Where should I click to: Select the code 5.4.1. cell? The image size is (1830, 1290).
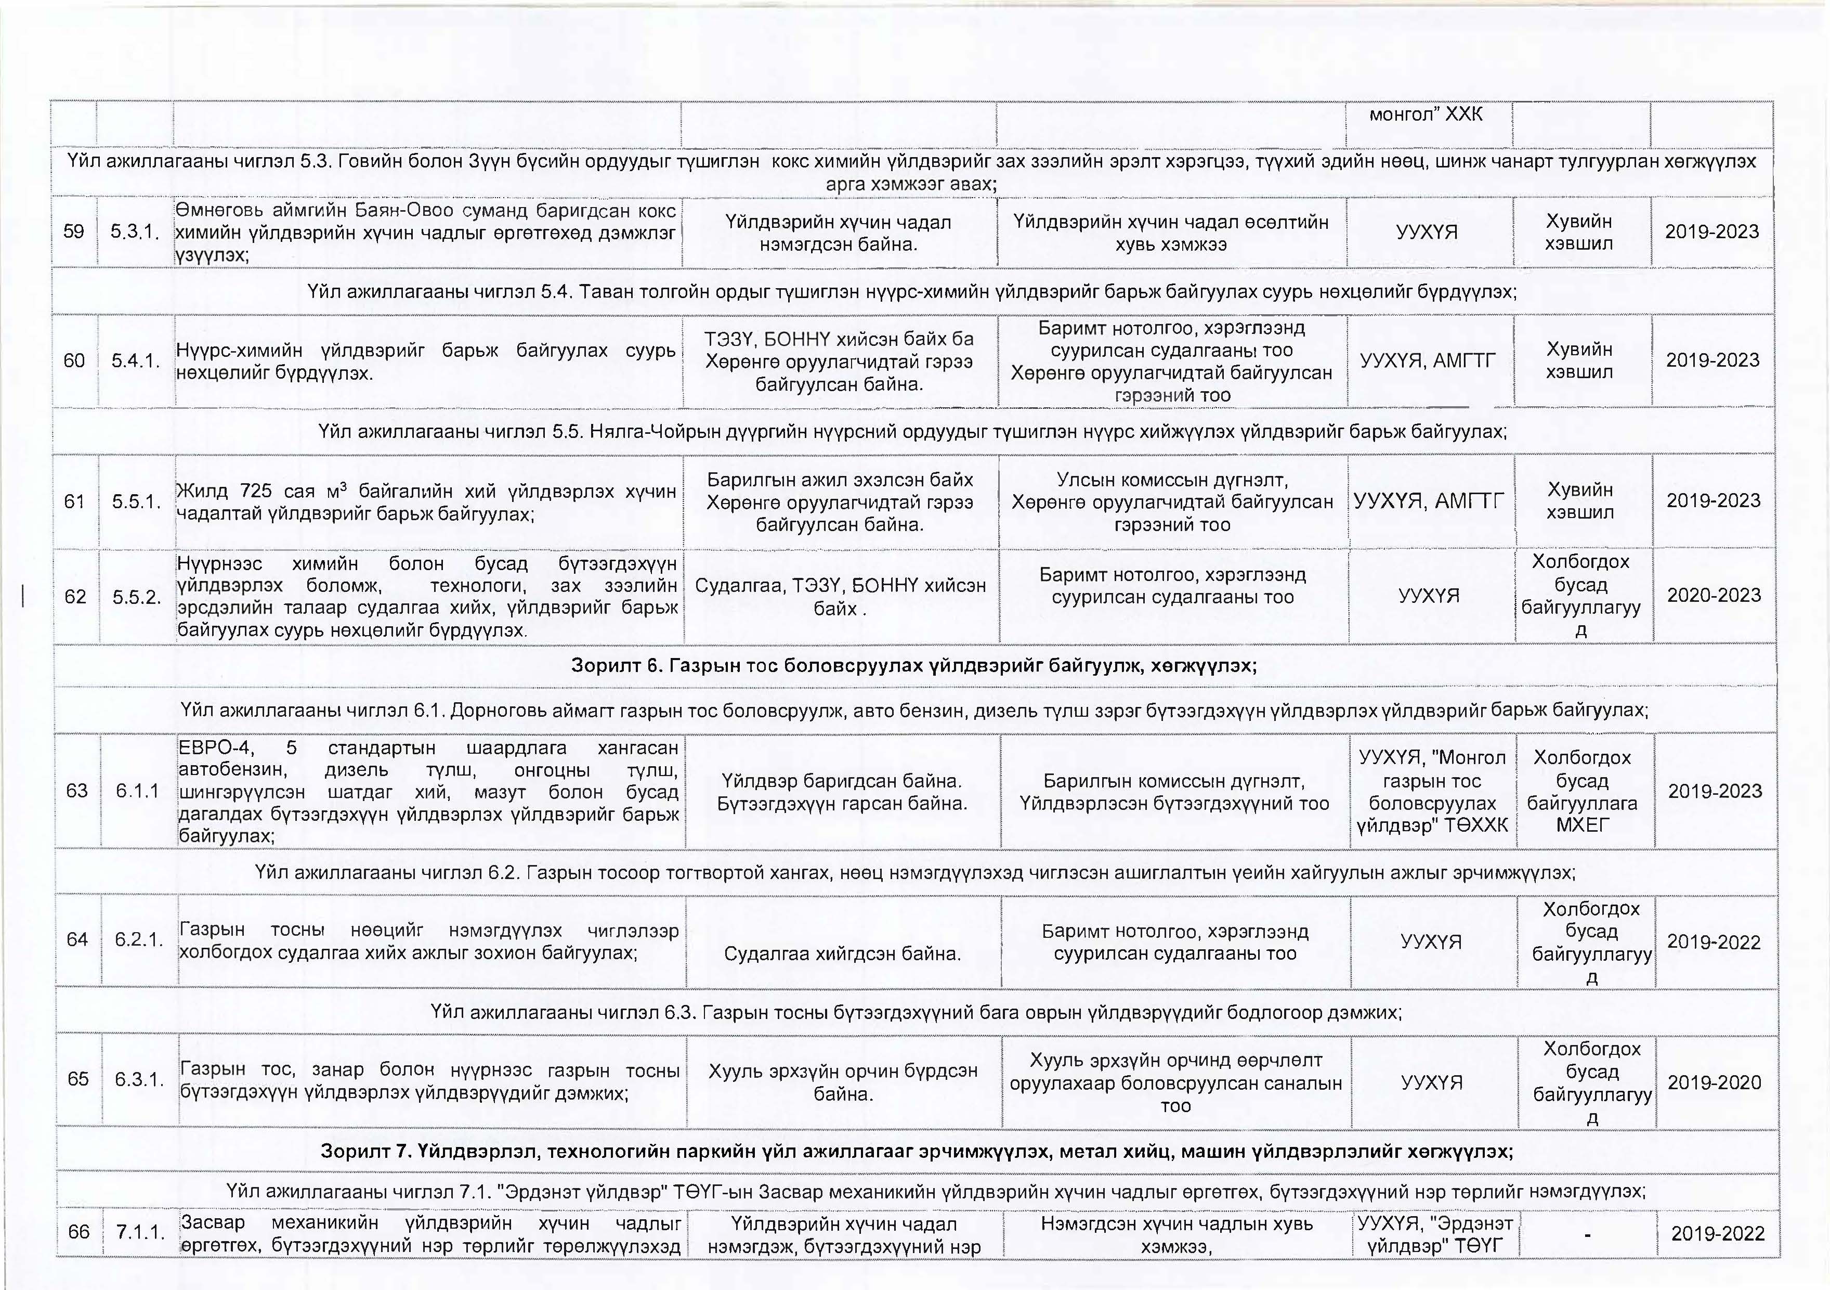point(136,360)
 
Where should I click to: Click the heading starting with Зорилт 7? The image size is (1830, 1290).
point(917,1151)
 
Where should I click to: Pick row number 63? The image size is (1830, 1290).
point(76,791)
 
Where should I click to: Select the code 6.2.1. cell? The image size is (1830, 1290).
point(139,940)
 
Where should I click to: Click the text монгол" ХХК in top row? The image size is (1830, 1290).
point(1426,114)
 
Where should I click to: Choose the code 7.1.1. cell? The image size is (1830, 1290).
point(141,1233)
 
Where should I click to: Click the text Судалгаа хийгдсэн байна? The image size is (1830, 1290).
point(842,953)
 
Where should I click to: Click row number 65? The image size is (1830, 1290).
point(78,1079)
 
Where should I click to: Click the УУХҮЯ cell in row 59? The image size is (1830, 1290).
point(1427,232)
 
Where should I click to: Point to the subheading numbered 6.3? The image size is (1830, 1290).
point(916,1013)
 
